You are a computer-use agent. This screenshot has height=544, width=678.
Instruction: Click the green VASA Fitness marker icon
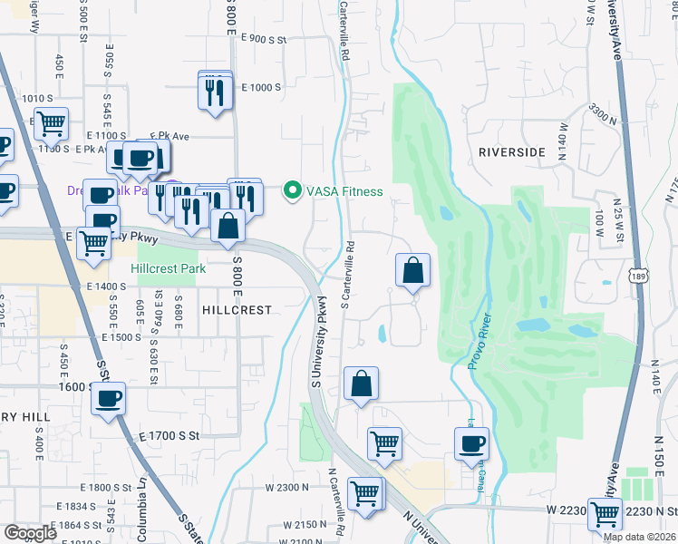pos(292,191)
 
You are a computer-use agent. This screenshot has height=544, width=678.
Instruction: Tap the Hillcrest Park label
pos(168,268)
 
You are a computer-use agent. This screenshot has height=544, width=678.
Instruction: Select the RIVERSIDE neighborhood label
pos(512,152)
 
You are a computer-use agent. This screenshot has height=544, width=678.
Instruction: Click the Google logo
pos(30,533)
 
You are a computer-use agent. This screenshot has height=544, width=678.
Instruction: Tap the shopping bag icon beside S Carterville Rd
pos(412,269)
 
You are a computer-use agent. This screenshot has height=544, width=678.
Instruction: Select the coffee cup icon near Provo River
pos(471,444)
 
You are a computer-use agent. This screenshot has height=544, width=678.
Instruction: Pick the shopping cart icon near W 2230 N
pos(605,513)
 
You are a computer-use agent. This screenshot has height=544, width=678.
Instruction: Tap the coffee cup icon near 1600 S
pos(109,399)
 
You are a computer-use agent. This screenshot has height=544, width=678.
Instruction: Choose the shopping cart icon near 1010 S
pos(51,121)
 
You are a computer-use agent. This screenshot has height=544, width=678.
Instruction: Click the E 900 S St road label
pos(264,39)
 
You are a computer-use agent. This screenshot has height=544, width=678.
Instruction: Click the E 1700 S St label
pos(171,437)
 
